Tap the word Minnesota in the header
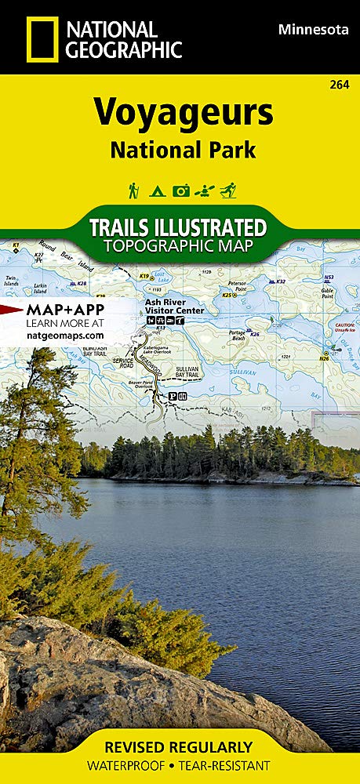click(313, 29)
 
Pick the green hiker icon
click(134, 190)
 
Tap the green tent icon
click(157, 190)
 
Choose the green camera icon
click(181, 190)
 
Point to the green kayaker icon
click(205, 190)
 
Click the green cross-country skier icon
click(227, 190)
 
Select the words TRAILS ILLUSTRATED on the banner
click(177, 228)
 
